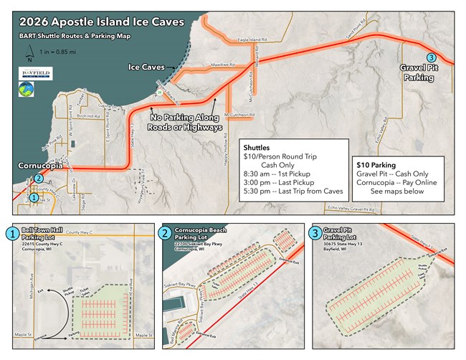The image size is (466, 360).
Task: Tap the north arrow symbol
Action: click(x=28, y=52)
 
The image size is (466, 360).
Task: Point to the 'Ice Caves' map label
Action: click(x=146, y=67)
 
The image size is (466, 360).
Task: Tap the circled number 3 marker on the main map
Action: click(x=430, y=57)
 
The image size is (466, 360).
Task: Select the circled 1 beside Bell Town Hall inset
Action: click(x=11, y=233)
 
